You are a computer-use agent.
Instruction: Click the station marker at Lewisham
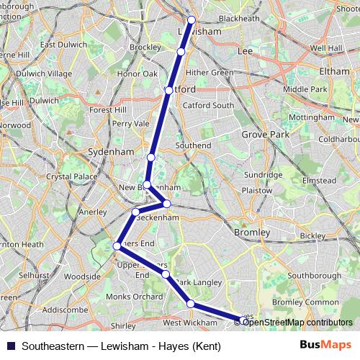(192, 20)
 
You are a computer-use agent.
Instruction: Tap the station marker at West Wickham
(191, 304)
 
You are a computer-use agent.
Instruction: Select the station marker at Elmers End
(117, 246)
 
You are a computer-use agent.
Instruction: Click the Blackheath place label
(238, 18)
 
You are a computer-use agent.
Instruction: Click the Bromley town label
(252, 233)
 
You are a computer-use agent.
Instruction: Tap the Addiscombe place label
(66, 310)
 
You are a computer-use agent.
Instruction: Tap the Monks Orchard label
(134, 297)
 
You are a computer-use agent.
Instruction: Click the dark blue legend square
(9, 346)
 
